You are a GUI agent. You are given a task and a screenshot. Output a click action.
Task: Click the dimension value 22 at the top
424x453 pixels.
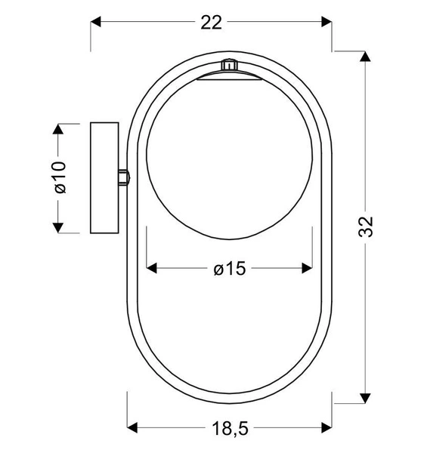[x=212, y=23]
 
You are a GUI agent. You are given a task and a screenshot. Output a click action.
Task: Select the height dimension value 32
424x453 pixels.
[x=367, y=226]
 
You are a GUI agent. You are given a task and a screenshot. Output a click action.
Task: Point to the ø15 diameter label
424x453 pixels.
[x=230, y=268]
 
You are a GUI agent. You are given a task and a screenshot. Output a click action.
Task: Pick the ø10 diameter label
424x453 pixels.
[x=60, y=177]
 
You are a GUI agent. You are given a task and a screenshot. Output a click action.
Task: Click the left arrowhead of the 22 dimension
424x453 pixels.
[x=97, y=23]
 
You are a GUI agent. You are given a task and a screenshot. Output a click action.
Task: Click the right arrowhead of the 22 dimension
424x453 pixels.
[x=326, y=23]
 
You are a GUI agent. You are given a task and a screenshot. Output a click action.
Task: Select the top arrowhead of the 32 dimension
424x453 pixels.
[x=367, y=57]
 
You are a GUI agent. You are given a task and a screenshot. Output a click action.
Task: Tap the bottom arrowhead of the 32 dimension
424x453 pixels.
[x=367, y=396]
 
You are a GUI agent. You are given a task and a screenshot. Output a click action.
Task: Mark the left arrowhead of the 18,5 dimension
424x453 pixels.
[x=132, y=425]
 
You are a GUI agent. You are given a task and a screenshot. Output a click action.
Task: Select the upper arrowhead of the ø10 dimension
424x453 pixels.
[x=57, y=128]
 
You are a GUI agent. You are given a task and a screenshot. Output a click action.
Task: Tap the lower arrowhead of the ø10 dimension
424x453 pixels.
[x=57, y=226]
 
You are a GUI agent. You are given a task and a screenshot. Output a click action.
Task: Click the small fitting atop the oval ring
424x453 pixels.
[x=229, y=66]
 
